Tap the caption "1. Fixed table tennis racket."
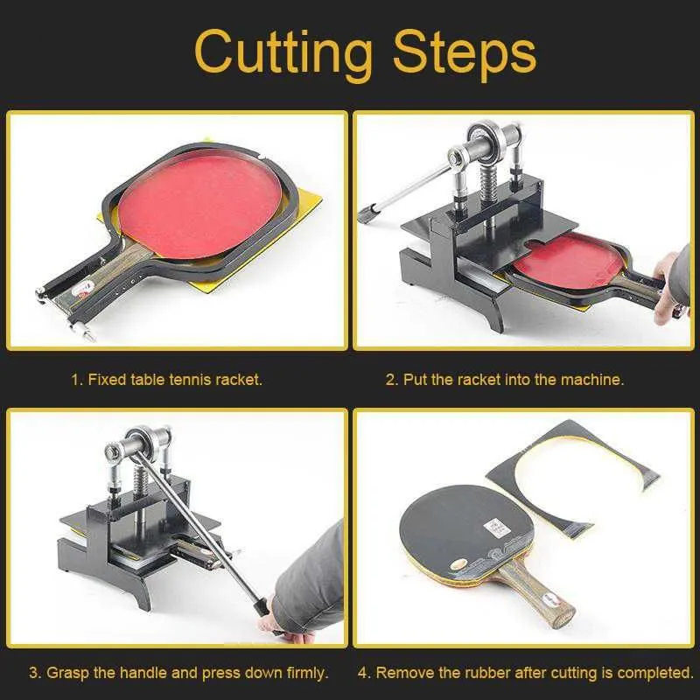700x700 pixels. pyautogui.click(x=167, y=380)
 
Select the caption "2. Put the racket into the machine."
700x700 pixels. pyautogui.click(x=505, y=380)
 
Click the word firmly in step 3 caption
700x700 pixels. pyautogui.click(x=304, y=672)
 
